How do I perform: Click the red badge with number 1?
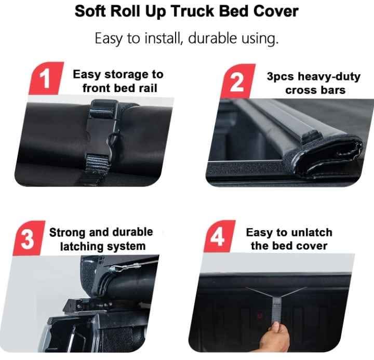[x=46, y=78]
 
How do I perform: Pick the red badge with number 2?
[x=237, y=81]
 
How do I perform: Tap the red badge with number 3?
[x=29, y=238]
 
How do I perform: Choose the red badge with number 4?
[x=219, y=236]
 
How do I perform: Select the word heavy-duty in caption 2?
[x=329, y=77]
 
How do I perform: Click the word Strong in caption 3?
[x=67, y=233]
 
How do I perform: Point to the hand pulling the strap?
[x=275, y=337]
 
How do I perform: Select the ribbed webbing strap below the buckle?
[x=97, y=164]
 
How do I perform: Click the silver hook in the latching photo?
[x=124, y=268]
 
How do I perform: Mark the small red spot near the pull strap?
[x=260, y=315]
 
